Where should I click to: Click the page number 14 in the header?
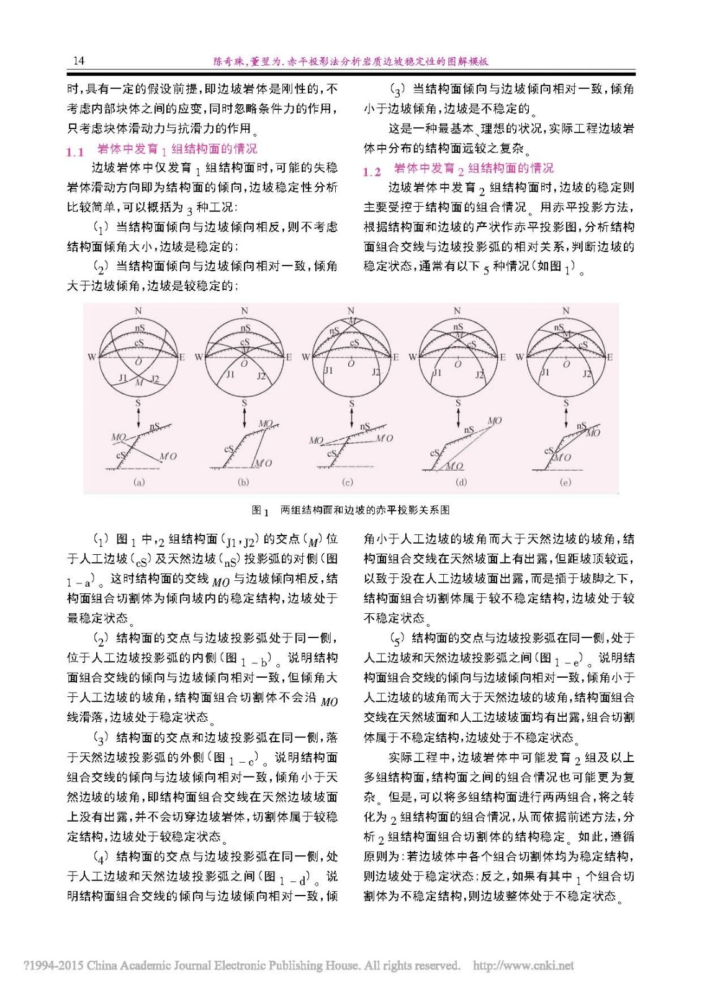(x=78, y=61)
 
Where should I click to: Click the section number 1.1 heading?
(x=75, y=151)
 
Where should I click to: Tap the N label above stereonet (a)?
(x=138, y=310)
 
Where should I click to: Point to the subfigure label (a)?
(x=139, y=482)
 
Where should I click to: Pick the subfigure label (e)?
(x=565, y=482)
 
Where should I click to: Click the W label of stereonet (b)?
(x=199, y=357)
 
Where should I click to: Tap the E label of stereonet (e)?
(x=610, y=357)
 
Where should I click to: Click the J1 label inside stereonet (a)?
(x=123, y=377)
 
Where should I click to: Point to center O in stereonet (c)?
(x=351, y=363)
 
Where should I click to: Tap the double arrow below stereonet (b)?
(x=245, y=416)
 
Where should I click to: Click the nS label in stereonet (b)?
(x=245, y=328)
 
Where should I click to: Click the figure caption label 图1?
(x=260, y=510)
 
